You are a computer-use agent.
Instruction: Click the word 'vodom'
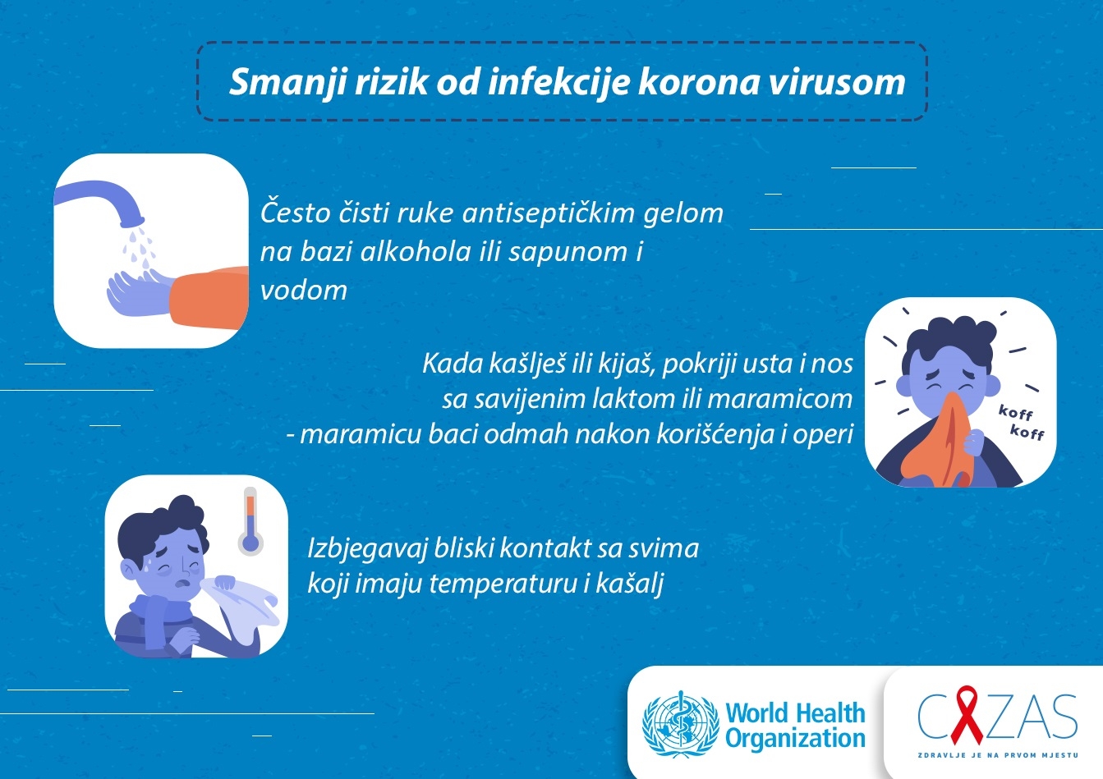(304, 290)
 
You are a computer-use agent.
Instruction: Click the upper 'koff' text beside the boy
(1015, 412)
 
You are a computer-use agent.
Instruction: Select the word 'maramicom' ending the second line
(779, 399)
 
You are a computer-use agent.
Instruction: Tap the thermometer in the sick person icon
(250, 521)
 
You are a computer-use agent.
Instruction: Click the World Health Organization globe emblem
(681, 724)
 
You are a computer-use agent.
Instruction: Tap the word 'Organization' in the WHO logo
(795, 739)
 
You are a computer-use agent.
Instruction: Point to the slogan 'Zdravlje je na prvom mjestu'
(998, 755)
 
